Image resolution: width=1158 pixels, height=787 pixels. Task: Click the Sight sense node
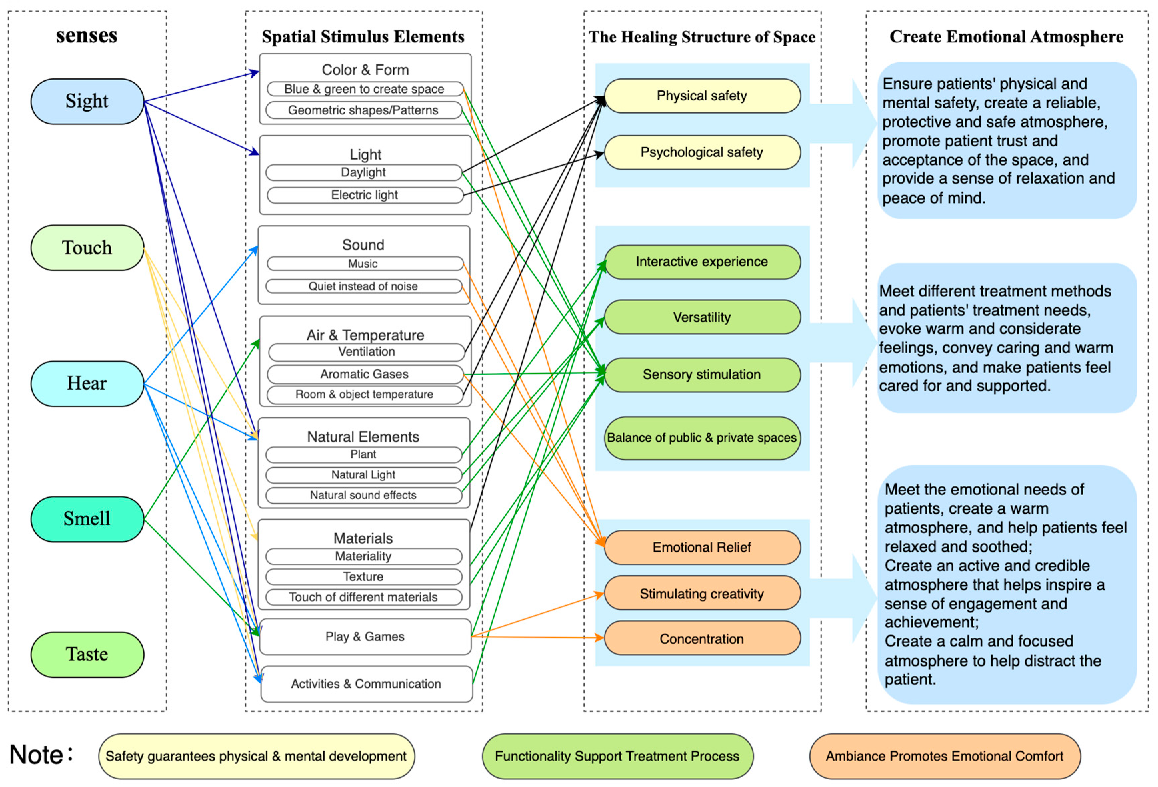87,101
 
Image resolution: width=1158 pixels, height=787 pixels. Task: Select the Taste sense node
87,654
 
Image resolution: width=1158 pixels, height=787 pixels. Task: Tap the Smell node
87,518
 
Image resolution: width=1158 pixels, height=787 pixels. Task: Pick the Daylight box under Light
363,172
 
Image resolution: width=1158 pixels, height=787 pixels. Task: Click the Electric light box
364,195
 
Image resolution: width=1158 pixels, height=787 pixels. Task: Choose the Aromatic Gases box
364,374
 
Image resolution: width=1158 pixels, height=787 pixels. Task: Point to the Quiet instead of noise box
363,286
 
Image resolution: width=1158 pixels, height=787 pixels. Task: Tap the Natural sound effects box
363,495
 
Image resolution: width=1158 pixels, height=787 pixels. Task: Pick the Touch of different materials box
363,597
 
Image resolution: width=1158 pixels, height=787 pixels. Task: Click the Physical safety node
702,96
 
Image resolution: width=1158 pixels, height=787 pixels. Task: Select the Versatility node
702,317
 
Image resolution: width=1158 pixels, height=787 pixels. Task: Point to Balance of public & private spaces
702,437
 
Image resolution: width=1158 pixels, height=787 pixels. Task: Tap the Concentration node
702,639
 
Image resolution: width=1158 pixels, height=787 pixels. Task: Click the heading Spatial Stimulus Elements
363,37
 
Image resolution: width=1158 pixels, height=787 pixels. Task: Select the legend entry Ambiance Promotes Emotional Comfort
944,756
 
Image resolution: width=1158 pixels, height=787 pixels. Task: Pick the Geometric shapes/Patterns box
363,110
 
